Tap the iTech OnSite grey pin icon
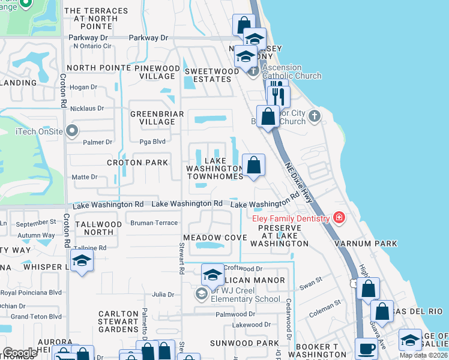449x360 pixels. pos(73,130)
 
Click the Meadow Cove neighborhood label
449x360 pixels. pos(215,238)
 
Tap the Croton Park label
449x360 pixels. pos(137,163)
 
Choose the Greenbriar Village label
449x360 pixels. pos(153,117)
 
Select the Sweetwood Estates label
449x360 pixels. pos(211,75)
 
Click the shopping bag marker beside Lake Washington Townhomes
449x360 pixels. pos(253,164)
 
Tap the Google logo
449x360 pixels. pos(20,353)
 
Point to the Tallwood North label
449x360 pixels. pos(99,228)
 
